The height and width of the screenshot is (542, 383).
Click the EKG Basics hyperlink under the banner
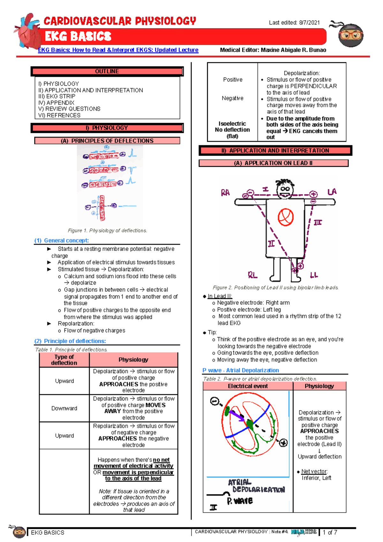point(118,50)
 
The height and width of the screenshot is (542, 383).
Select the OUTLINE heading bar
point(107,71)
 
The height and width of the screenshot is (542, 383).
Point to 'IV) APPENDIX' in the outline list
point(56,103)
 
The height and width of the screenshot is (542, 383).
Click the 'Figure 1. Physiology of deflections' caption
point(107,230)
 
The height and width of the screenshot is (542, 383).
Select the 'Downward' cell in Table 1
point(64,408)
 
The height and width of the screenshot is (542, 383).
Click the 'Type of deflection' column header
point(64,360)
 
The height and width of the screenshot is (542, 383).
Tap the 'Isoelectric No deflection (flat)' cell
point(232,130)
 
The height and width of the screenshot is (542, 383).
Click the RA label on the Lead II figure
point(225,193)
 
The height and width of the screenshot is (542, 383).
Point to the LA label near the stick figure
point(332,192)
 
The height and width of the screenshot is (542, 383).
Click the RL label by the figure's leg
point(252,275)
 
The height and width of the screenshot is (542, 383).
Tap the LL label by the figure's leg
point(314,275)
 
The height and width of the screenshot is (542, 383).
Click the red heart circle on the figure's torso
point(285,217)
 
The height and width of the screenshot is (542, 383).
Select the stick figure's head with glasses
point(285,189)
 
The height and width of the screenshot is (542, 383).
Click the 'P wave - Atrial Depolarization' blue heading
point(241,370)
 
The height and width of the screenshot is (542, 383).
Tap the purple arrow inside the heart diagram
point(237,415)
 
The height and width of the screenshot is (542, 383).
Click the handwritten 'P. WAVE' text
point(240,501)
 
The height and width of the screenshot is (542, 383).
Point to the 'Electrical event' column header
point(248,386)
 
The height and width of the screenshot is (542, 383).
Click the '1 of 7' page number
point(330,532)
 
